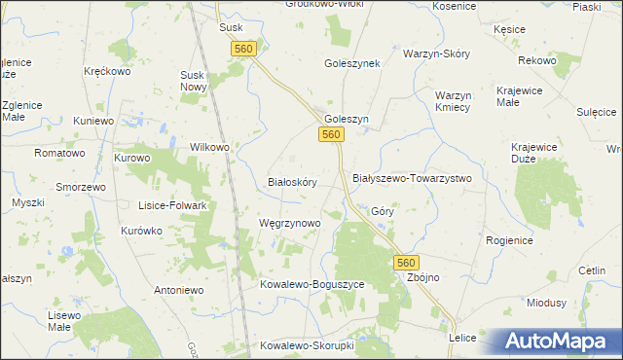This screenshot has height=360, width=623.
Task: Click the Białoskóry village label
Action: pos(292,182)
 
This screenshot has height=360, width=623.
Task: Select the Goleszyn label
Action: pos(346,119)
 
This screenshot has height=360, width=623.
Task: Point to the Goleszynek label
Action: pos(351,62)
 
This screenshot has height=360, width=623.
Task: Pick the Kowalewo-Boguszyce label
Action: pos(311,284)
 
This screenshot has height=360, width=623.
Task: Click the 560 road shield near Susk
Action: pos(243,49)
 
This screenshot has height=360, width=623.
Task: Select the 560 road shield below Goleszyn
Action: pos(332,135)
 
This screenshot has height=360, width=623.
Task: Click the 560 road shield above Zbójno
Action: pos(407,263)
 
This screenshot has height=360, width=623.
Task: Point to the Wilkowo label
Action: pos(209,147)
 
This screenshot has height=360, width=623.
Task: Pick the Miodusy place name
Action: pos(546,303)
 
